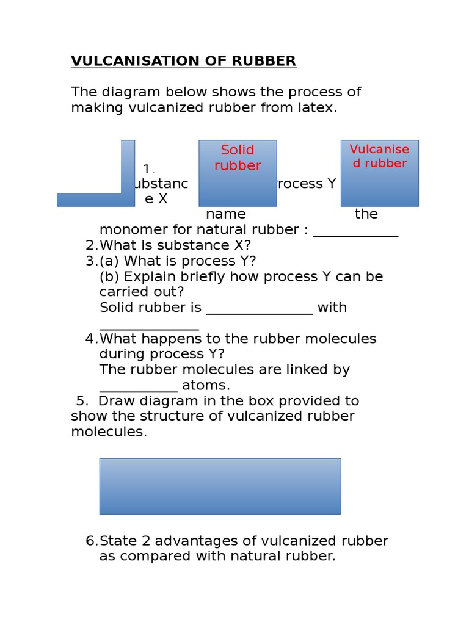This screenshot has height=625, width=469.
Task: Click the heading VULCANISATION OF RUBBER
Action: pyautogui.click(x=183, y=61)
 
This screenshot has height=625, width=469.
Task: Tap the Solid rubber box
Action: pyautogui.click(x=238, y=173)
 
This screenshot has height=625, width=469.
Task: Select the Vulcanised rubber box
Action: pyautogui.click(x=379, y=173)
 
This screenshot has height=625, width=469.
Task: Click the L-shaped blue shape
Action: pyautogui.click(x=92, y=200)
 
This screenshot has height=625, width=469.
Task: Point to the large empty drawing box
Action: pyautogui.click(x=220, y=486)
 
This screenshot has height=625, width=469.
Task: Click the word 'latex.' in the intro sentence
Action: pyautogui.click(x=319, y=108)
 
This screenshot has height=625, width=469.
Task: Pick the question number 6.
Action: pyautogui.click(x=92, y=541)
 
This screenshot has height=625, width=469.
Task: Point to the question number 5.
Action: pyautogui.click(x=82, y=401)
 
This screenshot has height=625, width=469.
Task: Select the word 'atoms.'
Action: pyautogui.click(x=206, y=386)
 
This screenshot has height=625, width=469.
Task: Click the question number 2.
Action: pyautogui.click(x=92, y=245)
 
